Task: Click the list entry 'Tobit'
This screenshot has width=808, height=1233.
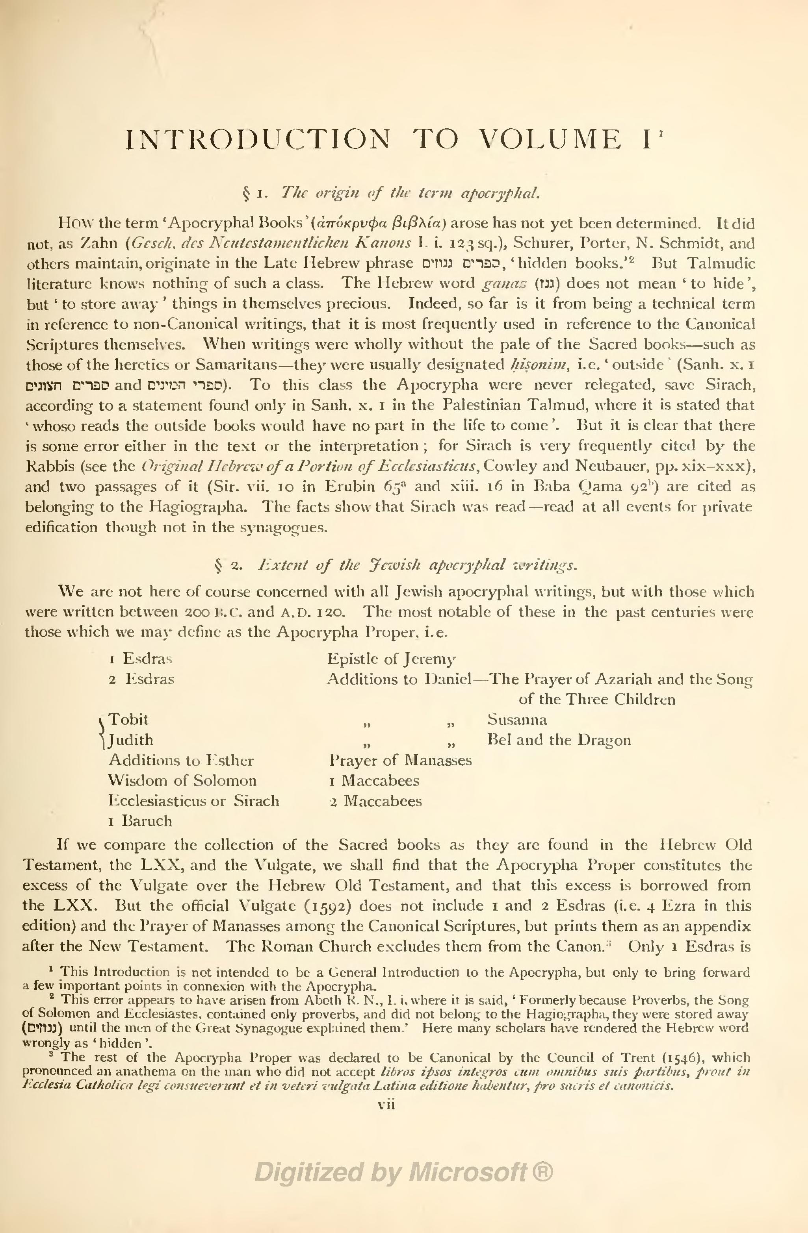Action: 128,720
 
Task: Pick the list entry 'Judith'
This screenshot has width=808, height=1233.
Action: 131,740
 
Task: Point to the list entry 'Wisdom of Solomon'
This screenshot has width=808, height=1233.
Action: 182,780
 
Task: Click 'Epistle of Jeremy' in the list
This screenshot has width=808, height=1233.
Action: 391,659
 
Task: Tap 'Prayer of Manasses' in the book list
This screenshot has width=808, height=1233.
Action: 401,760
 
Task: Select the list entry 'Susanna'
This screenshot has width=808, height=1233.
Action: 517,720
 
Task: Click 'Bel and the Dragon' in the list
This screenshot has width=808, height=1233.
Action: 559,740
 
